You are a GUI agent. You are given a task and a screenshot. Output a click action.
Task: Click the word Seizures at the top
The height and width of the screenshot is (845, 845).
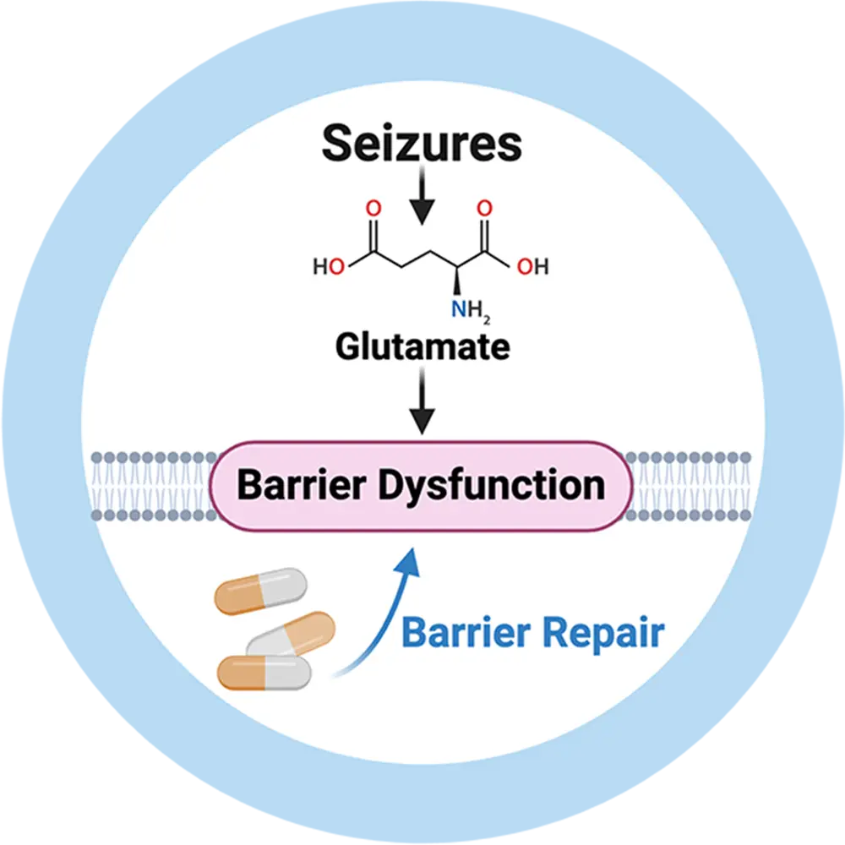pos(422,144)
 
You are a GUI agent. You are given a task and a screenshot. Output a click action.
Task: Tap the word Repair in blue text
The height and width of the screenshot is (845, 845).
pos(604,631)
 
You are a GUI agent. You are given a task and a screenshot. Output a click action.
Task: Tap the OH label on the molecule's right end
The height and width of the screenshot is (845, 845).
pos(532,268)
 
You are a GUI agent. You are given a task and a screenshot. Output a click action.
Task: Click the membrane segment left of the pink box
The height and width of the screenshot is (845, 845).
pos(152,485)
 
